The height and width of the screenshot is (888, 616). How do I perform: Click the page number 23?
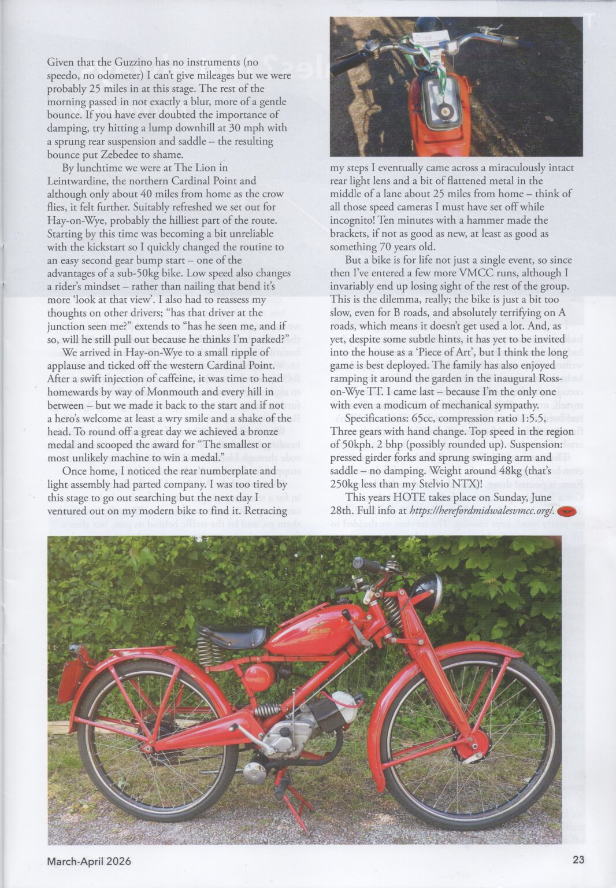pyautogui.click(x=578, y=860)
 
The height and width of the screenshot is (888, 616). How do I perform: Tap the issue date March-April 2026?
pyautogui.click(x=89, y=861)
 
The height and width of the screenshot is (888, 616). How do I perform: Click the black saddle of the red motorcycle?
pyautogui.click(x=231, y=637)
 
